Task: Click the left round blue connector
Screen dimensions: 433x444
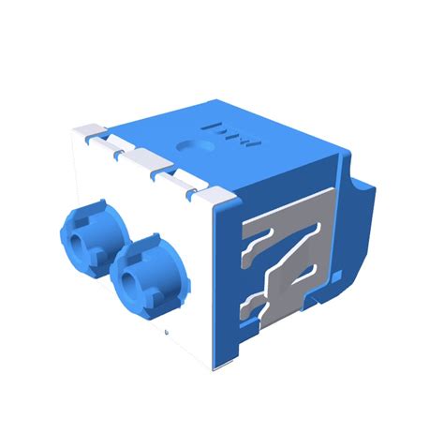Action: [x=92, y=240]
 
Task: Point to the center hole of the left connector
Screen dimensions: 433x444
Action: [x=86, y=246]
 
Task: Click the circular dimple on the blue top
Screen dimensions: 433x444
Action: [x=193, y=146]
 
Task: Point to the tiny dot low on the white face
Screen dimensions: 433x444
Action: [x=166, y=334]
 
